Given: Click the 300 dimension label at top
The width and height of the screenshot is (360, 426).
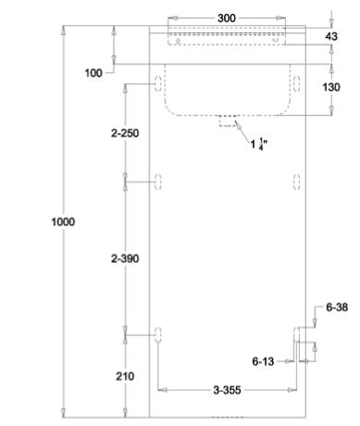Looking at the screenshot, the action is [227, 19].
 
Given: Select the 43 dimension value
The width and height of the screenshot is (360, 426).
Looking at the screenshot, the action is [331, 36].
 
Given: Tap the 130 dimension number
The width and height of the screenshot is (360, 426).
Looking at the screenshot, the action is [331, 87].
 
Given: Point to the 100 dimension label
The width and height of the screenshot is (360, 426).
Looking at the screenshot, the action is [93, 73].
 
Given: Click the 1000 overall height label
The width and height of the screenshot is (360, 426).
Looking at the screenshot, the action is [63, 222].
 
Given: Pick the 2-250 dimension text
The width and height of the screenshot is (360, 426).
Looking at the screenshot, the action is [125, 133].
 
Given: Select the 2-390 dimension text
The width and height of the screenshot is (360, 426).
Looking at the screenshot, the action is [125, 258].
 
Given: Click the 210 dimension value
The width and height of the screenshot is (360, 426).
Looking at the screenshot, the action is [125, 376].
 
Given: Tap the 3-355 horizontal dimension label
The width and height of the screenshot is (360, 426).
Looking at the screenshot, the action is [227, 390].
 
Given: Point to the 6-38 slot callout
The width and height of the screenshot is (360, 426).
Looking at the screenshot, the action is [337, 307].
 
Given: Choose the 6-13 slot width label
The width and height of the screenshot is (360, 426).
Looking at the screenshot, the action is [263, 361].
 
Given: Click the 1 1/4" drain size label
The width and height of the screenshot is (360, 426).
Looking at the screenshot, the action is [258, 144].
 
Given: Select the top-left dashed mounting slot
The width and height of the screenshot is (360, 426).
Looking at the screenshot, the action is [158, 83].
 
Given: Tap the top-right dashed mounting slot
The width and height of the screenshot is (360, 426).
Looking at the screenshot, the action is [296, 83].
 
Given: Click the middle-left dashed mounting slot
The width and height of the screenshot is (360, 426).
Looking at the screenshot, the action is [158, 182].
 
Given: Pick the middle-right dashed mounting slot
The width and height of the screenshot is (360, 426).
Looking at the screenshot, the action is [296, 182].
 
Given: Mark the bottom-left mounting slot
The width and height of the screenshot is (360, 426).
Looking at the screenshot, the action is [158, 334].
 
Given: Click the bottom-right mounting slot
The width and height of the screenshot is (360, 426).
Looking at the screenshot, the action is [296, 334].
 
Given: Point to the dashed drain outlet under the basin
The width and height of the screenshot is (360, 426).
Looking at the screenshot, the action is [228, 120].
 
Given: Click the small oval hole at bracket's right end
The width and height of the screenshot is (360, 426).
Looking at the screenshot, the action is [275, 40].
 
